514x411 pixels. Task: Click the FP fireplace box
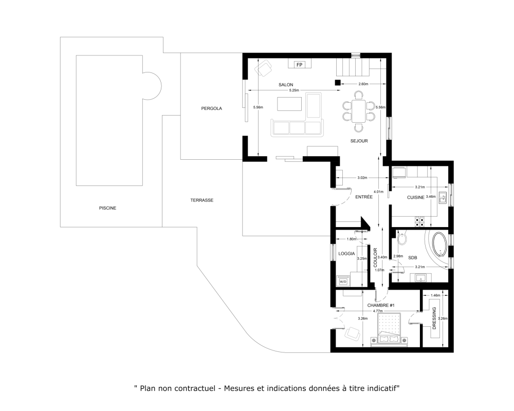[x=299, y=65]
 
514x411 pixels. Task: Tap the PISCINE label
[x=107, y=208]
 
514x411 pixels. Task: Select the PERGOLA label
[x=211, y=108]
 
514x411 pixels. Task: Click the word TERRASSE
[x=202, y=200]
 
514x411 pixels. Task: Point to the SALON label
[x=286, y=85]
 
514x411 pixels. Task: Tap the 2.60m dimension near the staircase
[x=363, y=84]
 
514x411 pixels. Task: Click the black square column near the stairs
[x=338, y=83]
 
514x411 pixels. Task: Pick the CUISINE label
[x=416, y=197]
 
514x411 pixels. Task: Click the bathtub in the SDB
[x=439, y=244]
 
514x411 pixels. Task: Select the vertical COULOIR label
[x=376, y=257]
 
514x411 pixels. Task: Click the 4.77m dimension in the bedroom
[x=378, y=311]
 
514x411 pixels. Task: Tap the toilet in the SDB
[x=402, y=238]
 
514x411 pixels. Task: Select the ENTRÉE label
[x=364, y=197]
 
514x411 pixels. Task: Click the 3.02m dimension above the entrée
[x=362, y=178]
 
